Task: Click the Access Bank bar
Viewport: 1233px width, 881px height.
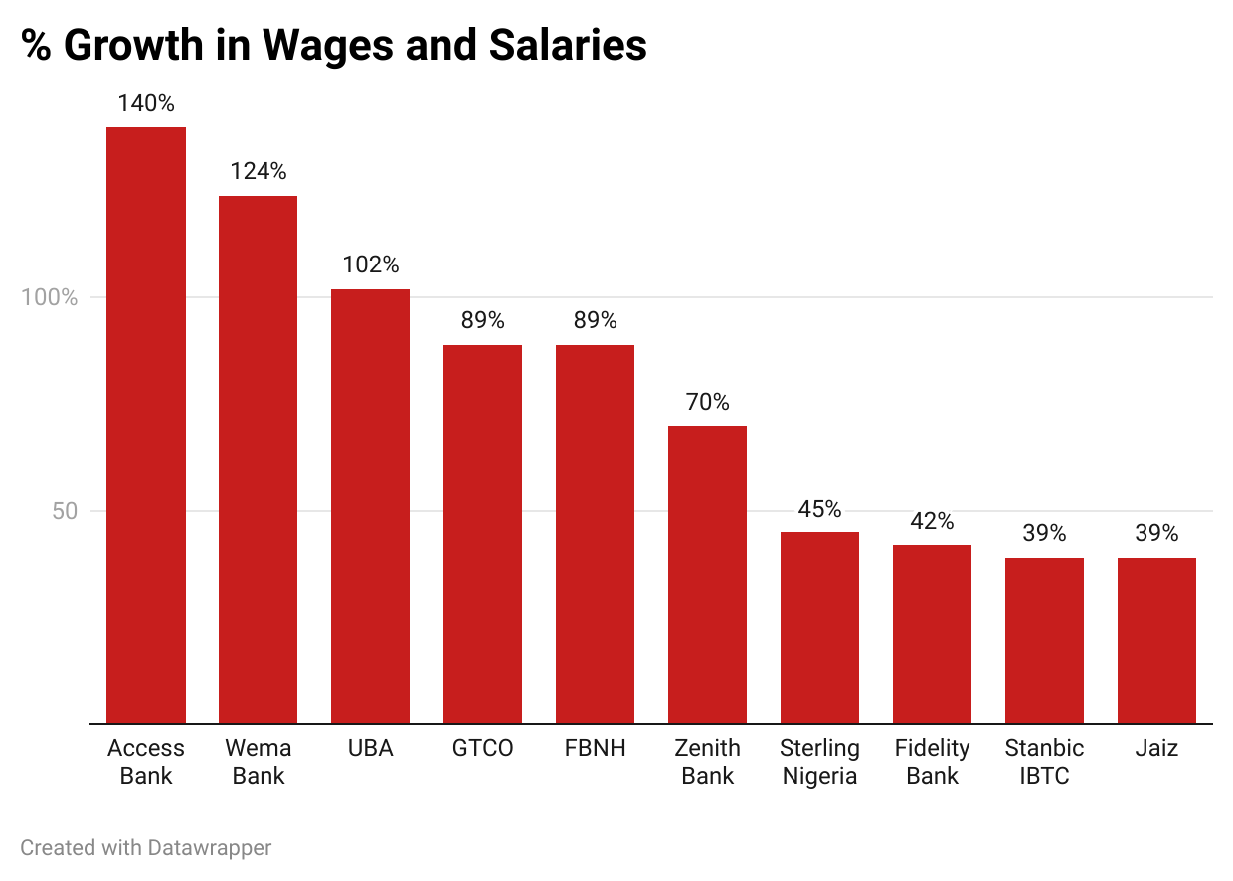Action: click(146, 425)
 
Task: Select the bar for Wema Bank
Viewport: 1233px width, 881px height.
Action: click(258, 459)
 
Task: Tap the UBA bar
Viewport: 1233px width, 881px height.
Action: click(370, 506)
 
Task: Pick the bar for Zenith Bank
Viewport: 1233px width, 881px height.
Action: click(707, 574)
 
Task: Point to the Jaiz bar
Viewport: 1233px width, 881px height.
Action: click(1156, 640)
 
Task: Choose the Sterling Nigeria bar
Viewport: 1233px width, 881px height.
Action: click(819, 627)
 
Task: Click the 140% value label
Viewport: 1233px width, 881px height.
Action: click(146, 103)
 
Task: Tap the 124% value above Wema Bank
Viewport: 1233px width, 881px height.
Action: click(258, 171)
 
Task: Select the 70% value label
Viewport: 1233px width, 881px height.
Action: click(707, 402)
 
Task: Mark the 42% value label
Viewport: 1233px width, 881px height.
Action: click(932, 521)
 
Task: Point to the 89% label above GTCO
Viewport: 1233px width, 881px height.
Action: click(482, 320)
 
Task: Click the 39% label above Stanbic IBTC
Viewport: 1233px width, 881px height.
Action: click(1044, 533)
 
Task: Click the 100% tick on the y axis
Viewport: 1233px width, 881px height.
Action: click(49, 297)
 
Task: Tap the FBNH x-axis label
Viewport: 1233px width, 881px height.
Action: click(595, 748)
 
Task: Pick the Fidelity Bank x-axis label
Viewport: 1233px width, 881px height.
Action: click(932, 762)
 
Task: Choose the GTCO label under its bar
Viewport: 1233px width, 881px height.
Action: click(482, 748)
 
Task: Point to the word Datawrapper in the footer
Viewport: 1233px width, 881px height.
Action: click(209, 848)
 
